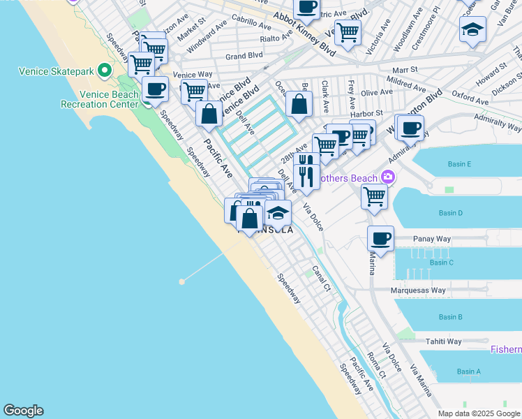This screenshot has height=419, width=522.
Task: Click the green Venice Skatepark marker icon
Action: pos(104,70)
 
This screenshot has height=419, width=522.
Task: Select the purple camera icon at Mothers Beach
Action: pos(389,178)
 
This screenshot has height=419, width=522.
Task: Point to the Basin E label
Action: pos(461,164)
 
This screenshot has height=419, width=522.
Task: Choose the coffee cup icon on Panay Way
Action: pos(380,239)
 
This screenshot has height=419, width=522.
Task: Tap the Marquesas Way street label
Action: pos(419,291)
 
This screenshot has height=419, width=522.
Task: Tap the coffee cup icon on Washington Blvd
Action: pos(411,127)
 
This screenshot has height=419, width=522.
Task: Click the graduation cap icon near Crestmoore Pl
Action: pos(472,30)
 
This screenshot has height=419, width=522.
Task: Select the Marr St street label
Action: pos(404,70)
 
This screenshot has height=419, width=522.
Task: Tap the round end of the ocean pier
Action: pos(181,281)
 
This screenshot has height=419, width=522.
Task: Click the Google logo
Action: pos(24,411)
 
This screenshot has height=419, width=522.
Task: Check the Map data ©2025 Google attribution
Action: pos(478,413)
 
